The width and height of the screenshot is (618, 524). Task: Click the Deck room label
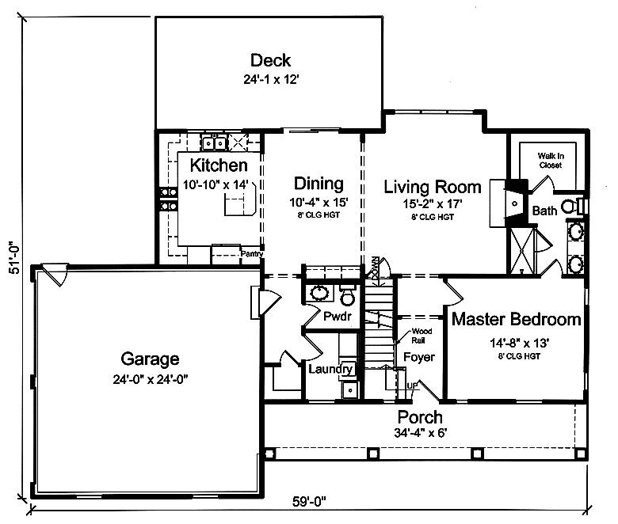[270, 60]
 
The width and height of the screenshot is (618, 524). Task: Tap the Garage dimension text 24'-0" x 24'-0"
[151, 379]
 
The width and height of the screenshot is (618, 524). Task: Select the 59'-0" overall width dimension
[309, 502]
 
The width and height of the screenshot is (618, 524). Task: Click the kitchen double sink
[214, 143]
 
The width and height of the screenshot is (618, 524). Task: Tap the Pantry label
[252, 254]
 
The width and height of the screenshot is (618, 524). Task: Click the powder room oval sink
[319, 293]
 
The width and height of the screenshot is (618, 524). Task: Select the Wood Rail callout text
[422, 336]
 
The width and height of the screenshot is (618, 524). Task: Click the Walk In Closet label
[551, 161]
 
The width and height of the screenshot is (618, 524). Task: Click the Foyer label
[419, 357]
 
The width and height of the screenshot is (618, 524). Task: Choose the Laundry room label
[330, 369]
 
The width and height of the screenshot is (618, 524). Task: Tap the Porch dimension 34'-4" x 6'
[420, 433]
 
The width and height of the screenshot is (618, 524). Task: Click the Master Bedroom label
[516, 319]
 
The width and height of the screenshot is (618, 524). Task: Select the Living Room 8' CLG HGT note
[433, 217]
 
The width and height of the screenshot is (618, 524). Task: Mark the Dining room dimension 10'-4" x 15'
[319, 203]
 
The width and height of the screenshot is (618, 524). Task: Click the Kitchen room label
[219, 165]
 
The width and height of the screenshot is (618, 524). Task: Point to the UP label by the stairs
[412, 385]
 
